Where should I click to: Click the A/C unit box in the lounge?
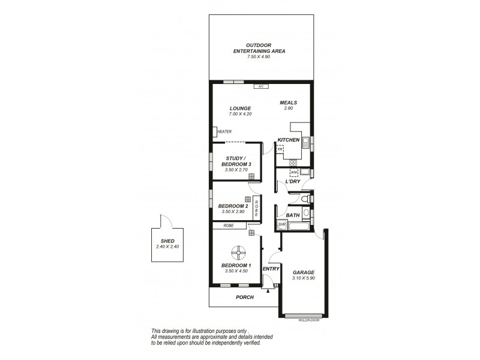(x=260, y=87)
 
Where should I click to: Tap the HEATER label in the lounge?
(x=224, y=132)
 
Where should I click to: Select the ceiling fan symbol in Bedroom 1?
(x=238, y=251)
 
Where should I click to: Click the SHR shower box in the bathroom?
(x=282, y=224)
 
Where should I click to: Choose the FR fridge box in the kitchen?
(x=280, y=148)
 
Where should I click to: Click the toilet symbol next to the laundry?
(x=305, y=198)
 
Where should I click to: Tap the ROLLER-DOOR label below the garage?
(x=307, y=321)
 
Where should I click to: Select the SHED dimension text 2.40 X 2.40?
(x=164, y=246)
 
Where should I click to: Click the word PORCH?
(x=244, y=297)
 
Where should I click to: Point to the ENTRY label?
(x=271, y=268)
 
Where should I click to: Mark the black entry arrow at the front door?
(x=267, y=290)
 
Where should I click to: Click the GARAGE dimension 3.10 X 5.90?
(x=302, y=278)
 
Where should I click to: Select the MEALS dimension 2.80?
(x=288, y=108)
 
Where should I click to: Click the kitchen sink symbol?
(x=305, y=142)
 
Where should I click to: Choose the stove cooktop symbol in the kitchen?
(x=293, y=162)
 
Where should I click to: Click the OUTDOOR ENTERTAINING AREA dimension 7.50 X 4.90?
(x=259, y=57)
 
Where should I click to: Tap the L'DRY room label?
(x=292, y=181)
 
